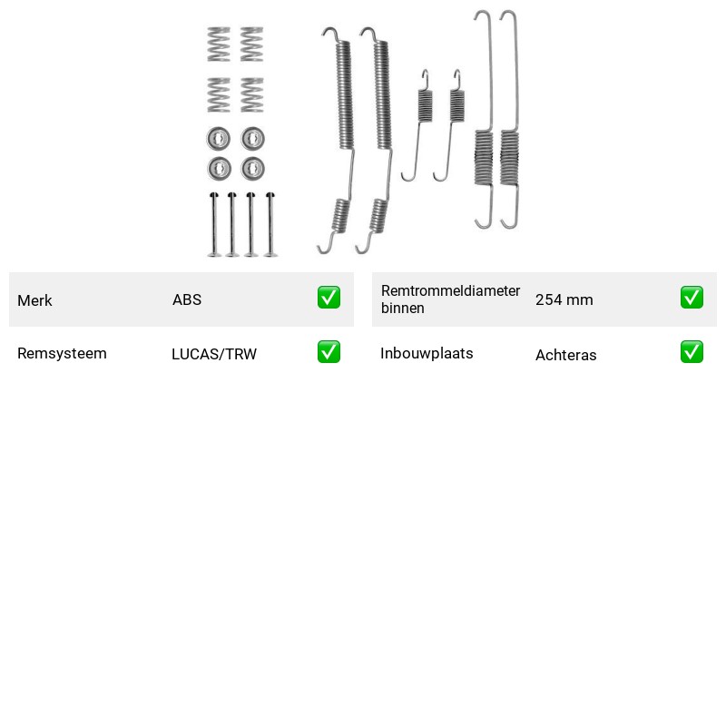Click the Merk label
point(34,300)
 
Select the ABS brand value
point(187,299)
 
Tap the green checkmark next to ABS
point(329,298)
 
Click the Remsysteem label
point(62,353)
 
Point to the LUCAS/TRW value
point(214,354)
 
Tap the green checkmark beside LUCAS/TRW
point(329,352)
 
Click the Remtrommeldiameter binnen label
point(450,299)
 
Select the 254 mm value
point(564,299)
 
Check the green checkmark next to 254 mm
point(692,298)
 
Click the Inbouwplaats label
point(427,353)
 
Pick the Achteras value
point(565,355)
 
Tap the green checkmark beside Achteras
point(692,352)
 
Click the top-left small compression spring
point(219,44)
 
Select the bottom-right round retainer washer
point(253,168)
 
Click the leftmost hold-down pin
point(213,224)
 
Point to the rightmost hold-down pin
point(270,224)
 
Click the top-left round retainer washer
point(219,139)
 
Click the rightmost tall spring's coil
point(509,157)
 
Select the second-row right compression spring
point(252,95)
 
